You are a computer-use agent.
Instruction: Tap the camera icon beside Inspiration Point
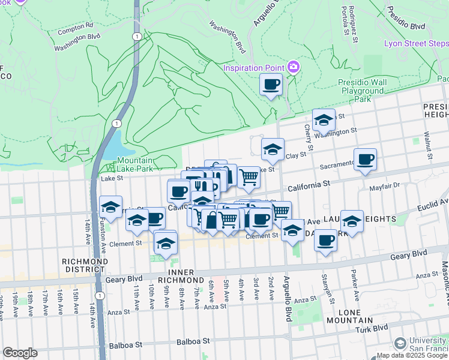(294, 67)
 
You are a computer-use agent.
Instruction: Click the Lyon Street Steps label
(416, 44)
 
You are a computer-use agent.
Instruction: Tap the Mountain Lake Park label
(135, 164)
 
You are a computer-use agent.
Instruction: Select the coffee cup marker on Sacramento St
(365, 160)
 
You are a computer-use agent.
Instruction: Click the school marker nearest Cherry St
(324, 120)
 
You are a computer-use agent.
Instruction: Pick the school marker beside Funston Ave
(110, 207)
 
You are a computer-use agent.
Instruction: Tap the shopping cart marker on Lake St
(249, 177)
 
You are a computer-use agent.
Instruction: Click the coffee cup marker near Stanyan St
(325, 241)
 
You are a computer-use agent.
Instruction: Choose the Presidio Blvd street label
(406, 26)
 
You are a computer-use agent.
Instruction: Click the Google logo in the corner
(20, 352)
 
